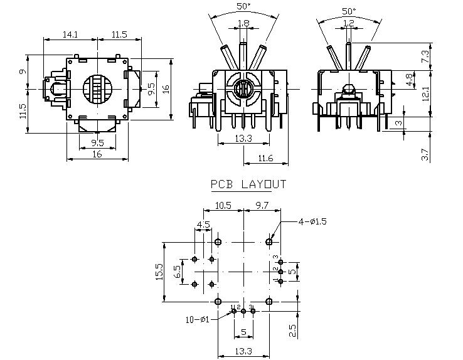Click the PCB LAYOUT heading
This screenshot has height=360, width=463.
[x=248, y=185]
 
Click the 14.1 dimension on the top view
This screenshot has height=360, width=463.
[x=70, y=35]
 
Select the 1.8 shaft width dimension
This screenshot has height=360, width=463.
[x=243, y=24]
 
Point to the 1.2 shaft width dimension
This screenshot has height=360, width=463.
[x=349, y=24]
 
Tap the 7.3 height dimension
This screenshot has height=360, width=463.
[x=425, y=56]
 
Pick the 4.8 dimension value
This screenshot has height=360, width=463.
[x=408, y=80]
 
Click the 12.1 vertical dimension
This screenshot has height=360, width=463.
[x=425, y=93]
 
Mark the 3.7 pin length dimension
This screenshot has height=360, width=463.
[x=425, y=154]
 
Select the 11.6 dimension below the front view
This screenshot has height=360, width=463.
[x=265, y=159]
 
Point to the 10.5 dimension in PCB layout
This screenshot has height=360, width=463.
[x=223, y=206]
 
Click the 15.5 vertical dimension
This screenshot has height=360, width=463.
[x=159, y=272]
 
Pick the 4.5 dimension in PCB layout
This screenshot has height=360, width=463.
[x=203, y=225]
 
